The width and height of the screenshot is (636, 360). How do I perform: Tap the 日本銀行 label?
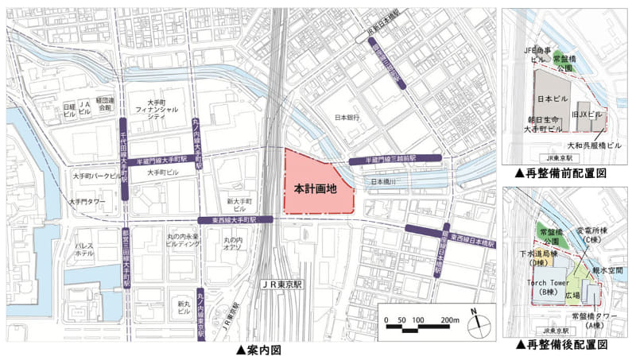[x=348, y=118]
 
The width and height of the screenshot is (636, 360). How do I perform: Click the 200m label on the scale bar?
[x=449, y=320]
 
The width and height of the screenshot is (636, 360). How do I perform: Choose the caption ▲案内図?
[x=259, y=350]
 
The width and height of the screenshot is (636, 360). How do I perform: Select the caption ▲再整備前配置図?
[x=561, y=172]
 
